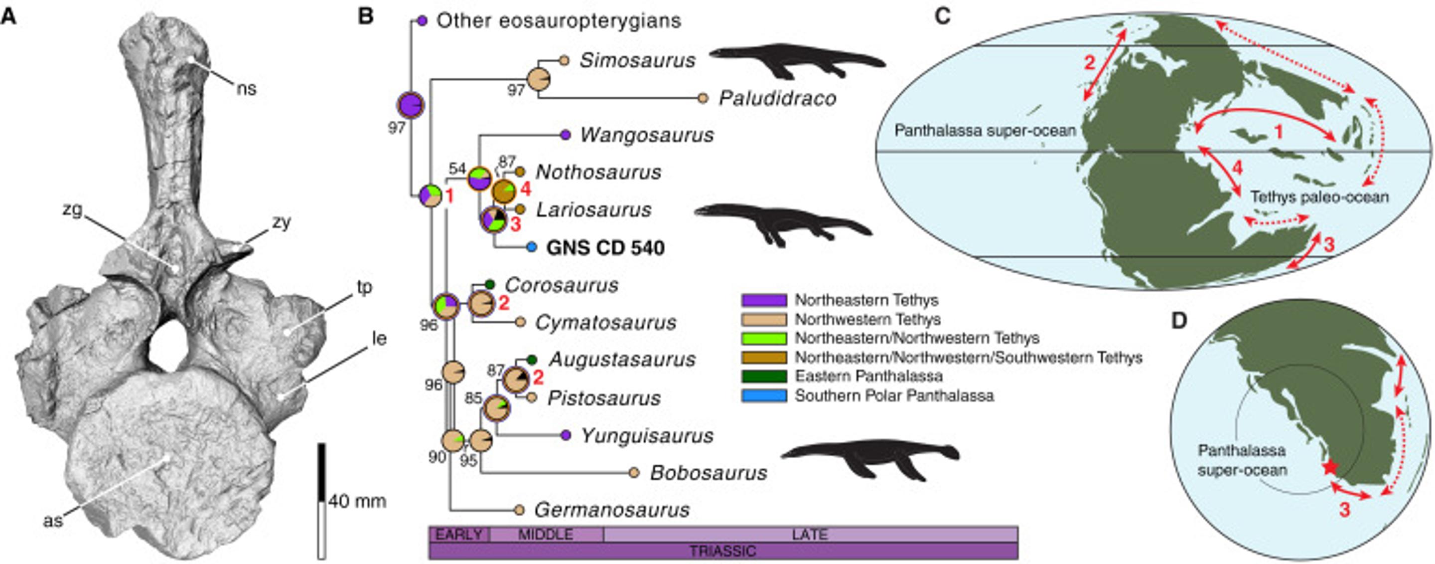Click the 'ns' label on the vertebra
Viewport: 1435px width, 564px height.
(x=246, y=89)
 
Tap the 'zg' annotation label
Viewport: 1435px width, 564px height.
(x=72, y=210)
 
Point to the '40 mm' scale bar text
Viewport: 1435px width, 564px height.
(x=357, y=501)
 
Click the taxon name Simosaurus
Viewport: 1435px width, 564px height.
(x=637, y=60)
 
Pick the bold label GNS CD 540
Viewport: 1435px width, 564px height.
(x=605, y=247)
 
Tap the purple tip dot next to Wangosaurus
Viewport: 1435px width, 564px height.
(x=565, y=135)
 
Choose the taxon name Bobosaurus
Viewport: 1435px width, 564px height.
(x=709, y=473)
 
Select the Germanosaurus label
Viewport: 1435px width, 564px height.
(x=612, y=509)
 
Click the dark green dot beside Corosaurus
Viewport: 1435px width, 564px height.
(x=490, y=284)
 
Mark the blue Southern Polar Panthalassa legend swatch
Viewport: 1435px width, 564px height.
(x=764, y=395)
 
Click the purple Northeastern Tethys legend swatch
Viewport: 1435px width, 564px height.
(x=764, y=300)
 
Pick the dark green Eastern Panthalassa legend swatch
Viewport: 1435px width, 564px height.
(x=764, y=376)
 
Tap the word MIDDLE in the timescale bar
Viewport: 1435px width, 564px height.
(x=546, y=535)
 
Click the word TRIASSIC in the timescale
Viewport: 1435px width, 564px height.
(x=722, y=551)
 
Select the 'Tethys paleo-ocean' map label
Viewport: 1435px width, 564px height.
(x=1319, y=197)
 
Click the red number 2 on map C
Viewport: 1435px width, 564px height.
(x=1090, y=62)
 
